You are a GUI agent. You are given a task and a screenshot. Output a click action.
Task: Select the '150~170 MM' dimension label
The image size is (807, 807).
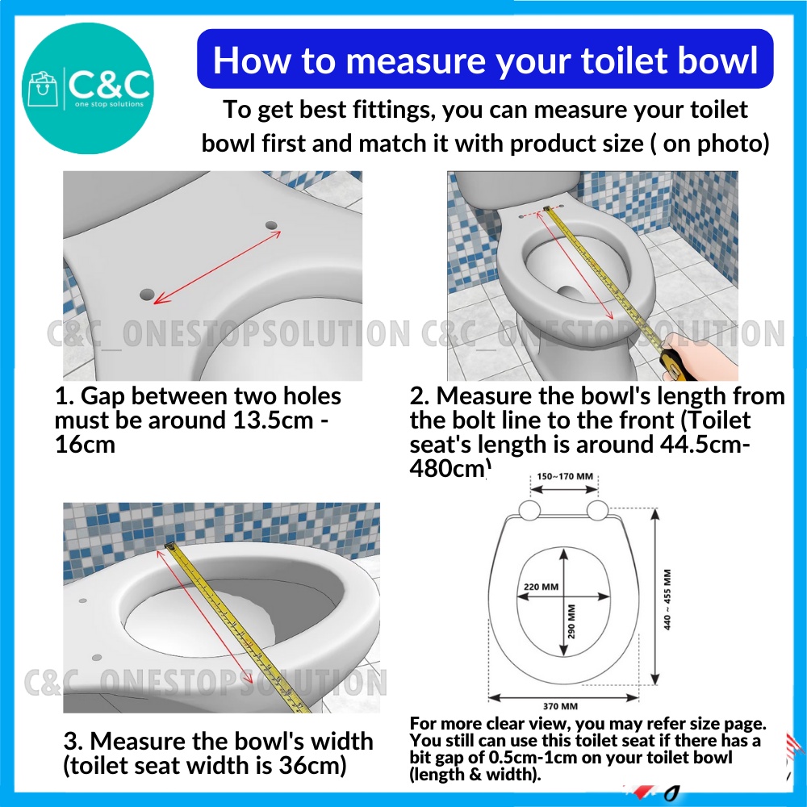click(x=566, y=476)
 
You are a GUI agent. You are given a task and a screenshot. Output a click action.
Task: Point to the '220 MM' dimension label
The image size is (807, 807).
click(x=540, y=587)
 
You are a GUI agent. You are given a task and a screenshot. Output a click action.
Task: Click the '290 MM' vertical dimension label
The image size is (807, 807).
click(x=571, y=620)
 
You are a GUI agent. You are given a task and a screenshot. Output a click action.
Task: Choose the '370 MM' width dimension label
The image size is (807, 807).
click(x=565, y=705)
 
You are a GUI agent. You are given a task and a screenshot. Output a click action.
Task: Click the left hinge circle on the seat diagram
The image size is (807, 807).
click(x=530, y=509)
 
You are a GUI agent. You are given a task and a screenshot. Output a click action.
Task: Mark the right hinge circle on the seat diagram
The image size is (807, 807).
click(x=598, y=509)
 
